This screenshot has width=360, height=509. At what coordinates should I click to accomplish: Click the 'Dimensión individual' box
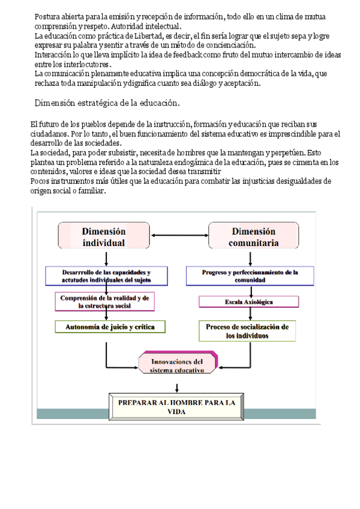point(103,236)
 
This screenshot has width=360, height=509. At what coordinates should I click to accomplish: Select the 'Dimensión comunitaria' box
point(253,236)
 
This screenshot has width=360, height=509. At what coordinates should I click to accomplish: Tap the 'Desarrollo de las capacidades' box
point(106,276)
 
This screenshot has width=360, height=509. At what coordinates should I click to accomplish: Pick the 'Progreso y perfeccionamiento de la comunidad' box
point(250,276)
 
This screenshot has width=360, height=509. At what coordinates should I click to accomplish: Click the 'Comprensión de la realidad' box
point(104,301)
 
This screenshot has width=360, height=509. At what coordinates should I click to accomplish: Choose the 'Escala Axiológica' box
point(248,302)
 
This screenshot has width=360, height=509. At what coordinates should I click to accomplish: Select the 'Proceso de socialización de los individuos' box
point(247,331)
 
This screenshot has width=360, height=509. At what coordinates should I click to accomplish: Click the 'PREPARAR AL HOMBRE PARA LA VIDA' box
point(176,406)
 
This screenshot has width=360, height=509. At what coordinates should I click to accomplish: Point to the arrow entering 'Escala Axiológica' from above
point(248,291)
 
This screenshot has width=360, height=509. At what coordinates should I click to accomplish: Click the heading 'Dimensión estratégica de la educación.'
point(107,103)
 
